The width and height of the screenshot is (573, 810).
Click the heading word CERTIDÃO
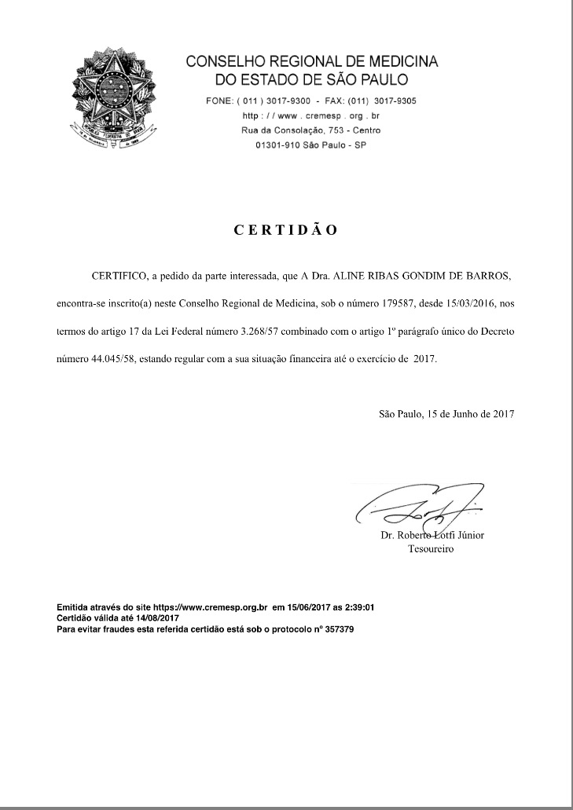(x=286, y=230)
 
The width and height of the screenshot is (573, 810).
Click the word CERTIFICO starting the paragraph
(x=119, y=277)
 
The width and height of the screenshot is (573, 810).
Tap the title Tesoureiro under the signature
(x=431, y=549)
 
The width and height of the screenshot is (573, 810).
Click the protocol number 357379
(x=338, y=629)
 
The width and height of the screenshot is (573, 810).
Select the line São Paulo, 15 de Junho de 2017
(x=446, y=413)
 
